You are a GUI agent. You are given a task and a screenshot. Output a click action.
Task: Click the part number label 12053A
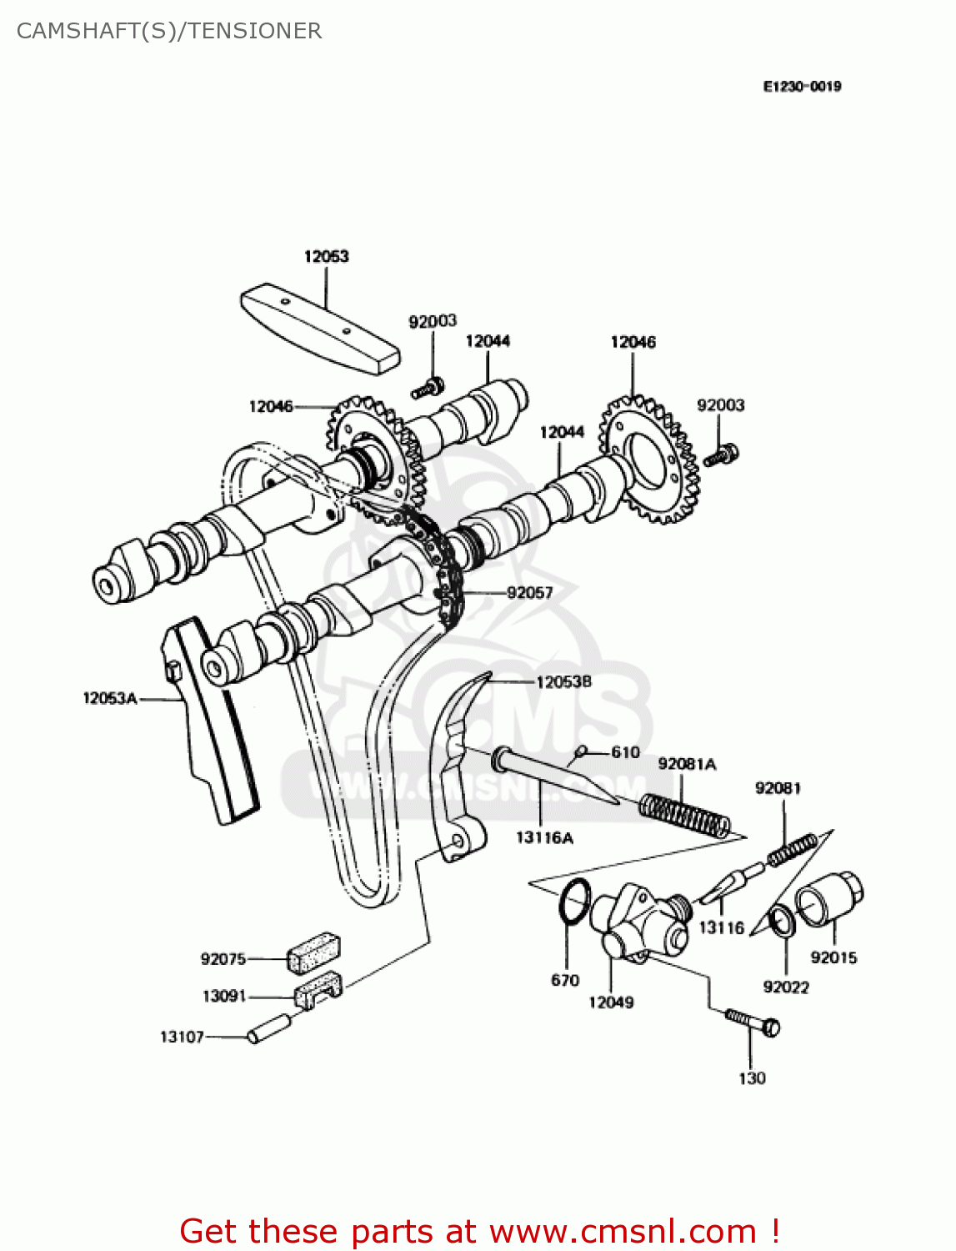coord(109,698)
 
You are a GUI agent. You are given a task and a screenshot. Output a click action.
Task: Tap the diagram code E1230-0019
coord(802,86)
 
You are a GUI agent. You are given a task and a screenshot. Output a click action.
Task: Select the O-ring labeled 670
coord(573,901)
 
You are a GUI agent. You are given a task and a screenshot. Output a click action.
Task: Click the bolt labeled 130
coord(753,1021)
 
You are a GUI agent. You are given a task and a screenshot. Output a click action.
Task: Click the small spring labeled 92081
coord(791,849)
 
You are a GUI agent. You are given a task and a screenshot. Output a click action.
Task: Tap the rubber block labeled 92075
coord(314,952)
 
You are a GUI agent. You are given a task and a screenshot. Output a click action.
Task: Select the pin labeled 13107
coord(268,1028)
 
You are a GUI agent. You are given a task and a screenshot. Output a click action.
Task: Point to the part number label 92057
coord(530,593)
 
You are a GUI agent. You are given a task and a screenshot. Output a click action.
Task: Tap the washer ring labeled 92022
coord(782,922)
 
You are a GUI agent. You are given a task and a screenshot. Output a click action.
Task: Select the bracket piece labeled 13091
coord(318,989)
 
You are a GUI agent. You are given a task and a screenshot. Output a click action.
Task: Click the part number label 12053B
coord(563,682)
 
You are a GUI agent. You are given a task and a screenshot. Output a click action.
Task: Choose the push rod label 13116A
coord(544,837)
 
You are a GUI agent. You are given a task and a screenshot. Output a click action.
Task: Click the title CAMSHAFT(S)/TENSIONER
coord(169,31)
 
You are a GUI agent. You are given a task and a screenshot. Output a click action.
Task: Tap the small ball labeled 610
coord(582,751)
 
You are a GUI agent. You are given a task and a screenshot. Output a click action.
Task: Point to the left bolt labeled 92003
coord(427,388)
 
